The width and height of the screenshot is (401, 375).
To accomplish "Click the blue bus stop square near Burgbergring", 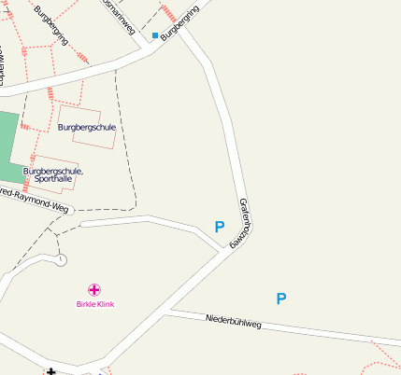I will click(x=155, y=35).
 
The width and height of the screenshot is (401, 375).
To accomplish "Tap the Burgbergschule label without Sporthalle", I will click(x=86, y=127).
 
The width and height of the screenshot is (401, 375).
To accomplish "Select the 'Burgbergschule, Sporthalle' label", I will click(x=53, y=174).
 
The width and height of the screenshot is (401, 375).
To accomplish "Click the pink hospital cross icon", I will click(x=94, y=290).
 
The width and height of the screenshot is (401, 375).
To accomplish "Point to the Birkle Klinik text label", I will click(x=94, y=304).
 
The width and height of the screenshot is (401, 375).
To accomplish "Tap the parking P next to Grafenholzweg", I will click(x=220, y=227).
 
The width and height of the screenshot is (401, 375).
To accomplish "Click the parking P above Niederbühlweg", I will click(x=280, y=299).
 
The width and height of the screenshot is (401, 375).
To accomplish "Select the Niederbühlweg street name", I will click(x=233, y=323).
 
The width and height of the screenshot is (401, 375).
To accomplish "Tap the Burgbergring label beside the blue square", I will click(x=179, y=25).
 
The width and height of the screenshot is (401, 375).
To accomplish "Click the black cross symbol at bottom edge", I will click(x=50, y=371).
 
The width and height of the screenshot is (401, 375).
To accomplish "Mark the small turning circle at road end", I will click(x=61, y=259).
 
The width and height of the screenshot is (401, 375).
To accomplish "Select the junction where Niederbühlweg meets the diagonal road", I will click(x=169, y=311).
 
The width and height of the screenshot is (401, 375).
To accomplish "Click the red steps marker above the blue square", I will click(x=168, y=13).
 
